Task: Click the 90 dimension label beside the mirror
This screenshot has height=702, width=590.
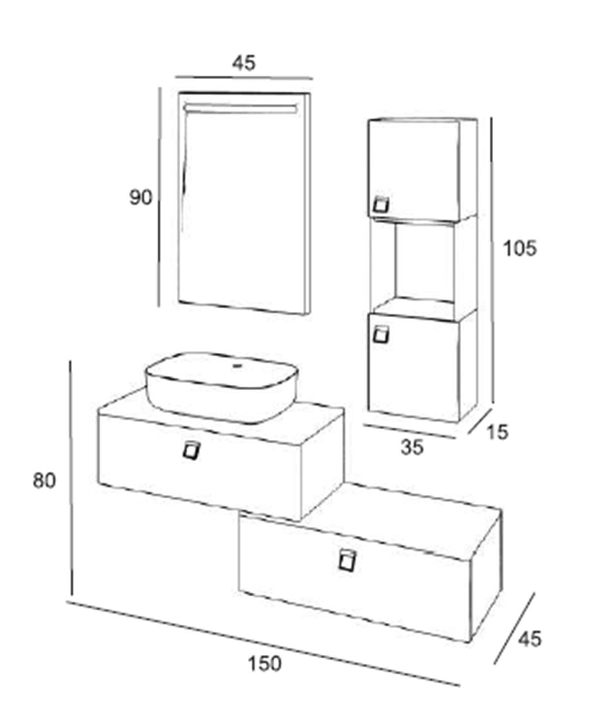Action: click(x=141, y=198)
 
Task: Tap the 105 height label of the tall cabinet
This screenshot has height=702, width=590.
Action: click(x=519, y=249)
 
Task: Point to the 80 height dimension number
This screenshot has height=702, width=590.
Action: click(x=44, y=481)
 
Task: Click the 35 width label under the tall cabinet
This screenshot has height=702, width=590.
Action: click(x=412, y=448)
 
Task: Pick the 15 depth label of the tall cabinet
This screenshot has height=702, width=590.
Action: click(x=498, y=432)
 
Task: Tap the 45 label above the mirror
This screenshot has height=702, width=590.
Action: click(x=244, y=62)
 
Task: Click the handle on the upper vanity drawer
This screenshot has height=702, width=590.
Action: click(x=192, y=450)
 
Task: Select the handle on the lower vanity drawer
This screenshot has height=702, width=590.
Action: click(x=347, y=560)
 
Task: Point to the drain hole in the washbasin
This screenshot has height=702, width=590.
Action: click(x=238, y=366)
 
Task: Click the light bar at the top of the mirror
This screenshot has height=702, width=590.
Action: click(x=240, y=108)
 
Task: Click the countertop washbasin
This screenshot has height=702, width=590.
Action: click(x=222, y=387)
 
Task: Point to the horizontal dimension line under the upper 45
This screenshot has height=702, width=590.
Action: click(x=244, y=78)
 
